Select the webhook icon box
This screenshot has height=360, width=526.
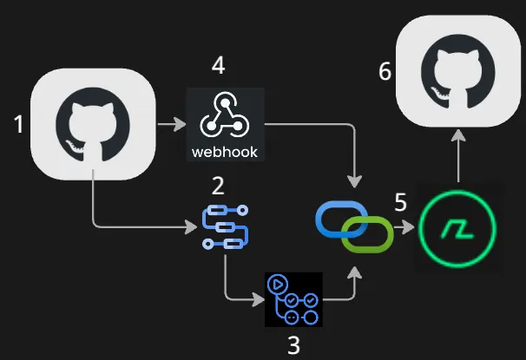pyautogui.click(x=223, y=124)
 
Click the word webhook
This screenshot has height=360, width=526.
pyautogui.click(x=223, y=152)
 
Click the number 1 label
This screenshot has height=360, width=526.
pyautogui.click(x=19, y=126)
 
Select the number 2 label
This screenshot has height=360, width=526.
pyautogui.click(x=218, y=184)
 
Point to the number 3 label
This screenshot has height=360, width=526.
pyautogui.click(x=293, y=345)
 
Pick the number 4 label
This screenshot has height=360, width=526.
pyautogui.click(x=218, y=66)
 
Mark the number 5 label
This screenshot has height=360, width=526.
pyautogui.click(x=400, y=202)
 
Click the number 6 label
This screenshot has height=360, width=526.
pyautogui.click(x=385, y=71)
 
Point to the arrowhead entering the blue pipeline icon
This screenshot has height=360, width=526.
pyautogui.click(x=193, y=228)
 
